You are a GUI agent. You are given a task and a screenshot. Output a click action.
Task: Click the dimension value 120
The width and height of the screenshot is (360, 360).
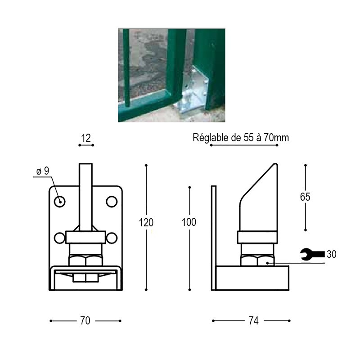point(146,222)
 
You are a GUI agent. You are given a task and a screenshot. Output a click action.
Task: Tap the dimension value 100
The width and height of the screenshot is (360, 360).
point(189,222)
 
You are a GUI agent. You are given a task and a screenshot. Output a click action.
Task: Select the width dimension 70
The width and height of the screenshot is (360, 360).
point(85,321)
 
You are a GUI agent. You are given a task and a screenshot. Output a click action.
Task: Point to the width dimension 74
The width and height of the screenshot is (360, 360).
point(254,321)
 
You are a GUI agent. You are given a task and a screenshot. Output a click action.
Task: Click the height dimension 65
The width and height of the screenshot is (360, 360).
point(305,197)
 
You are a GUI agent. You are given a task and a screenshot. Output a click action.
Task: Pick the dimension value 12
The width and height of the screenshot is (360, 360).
point(86,138)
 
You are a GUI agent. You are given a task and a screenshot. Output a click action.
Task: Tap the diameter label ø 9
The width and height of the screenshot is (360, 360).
point(43,171)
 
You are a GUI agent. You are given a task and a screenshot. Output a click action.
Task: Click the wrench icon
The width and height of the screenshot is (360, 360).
point(312,254)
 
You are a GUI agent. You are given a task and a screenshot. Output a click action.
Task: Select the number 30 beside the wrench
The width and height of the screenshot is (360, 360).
point(332,254)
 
